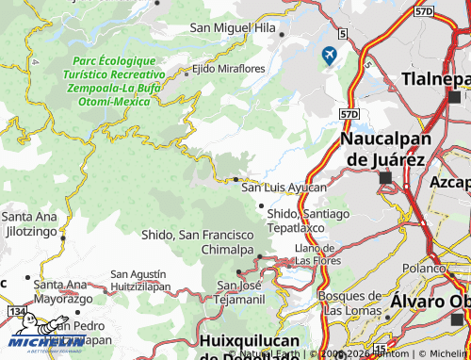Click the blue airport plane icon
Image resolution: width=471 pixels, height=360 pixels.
pos(329,56)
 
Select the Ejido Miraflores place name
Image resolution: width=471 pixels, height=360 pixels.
pos(230,70)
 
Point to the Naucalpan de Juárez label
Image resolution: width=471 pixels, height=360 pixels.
pos(384,149)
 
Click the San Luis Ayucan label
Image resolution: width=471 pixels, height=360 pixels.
pos(284,188)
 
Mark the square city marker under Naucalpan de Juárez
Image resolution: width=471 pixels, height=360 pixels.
pos(384,176)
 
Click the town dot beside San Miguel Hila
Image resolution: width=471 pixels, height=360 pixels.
pos(282,34)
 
